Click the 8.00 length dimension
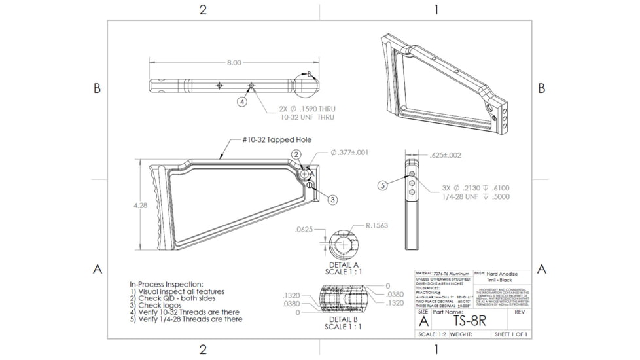click(x=234, y=63)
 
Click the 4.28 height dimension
click(x=140, y=205)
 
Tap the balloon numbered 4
click(x=242, y=102)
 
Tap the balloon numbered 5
click(x=383, y=185)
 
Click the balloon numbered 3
click(x=332, y=200)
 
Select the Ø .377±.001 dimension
click(x=349, y=153)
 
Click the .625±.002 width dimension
click(x=446, y=156)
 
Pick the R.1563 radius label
click(x=376, y=226)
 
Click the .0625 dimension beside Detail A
click(x=304, y=230)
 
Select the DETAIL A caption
click(x=344, y=265)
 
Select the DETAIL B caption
click(x=344, y=320)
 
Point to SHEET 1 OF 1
click(x=511, y=334)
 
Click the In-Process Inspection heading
click(x=167, y=284)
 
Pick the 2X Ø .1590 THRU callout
click(x=307, y=109)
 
